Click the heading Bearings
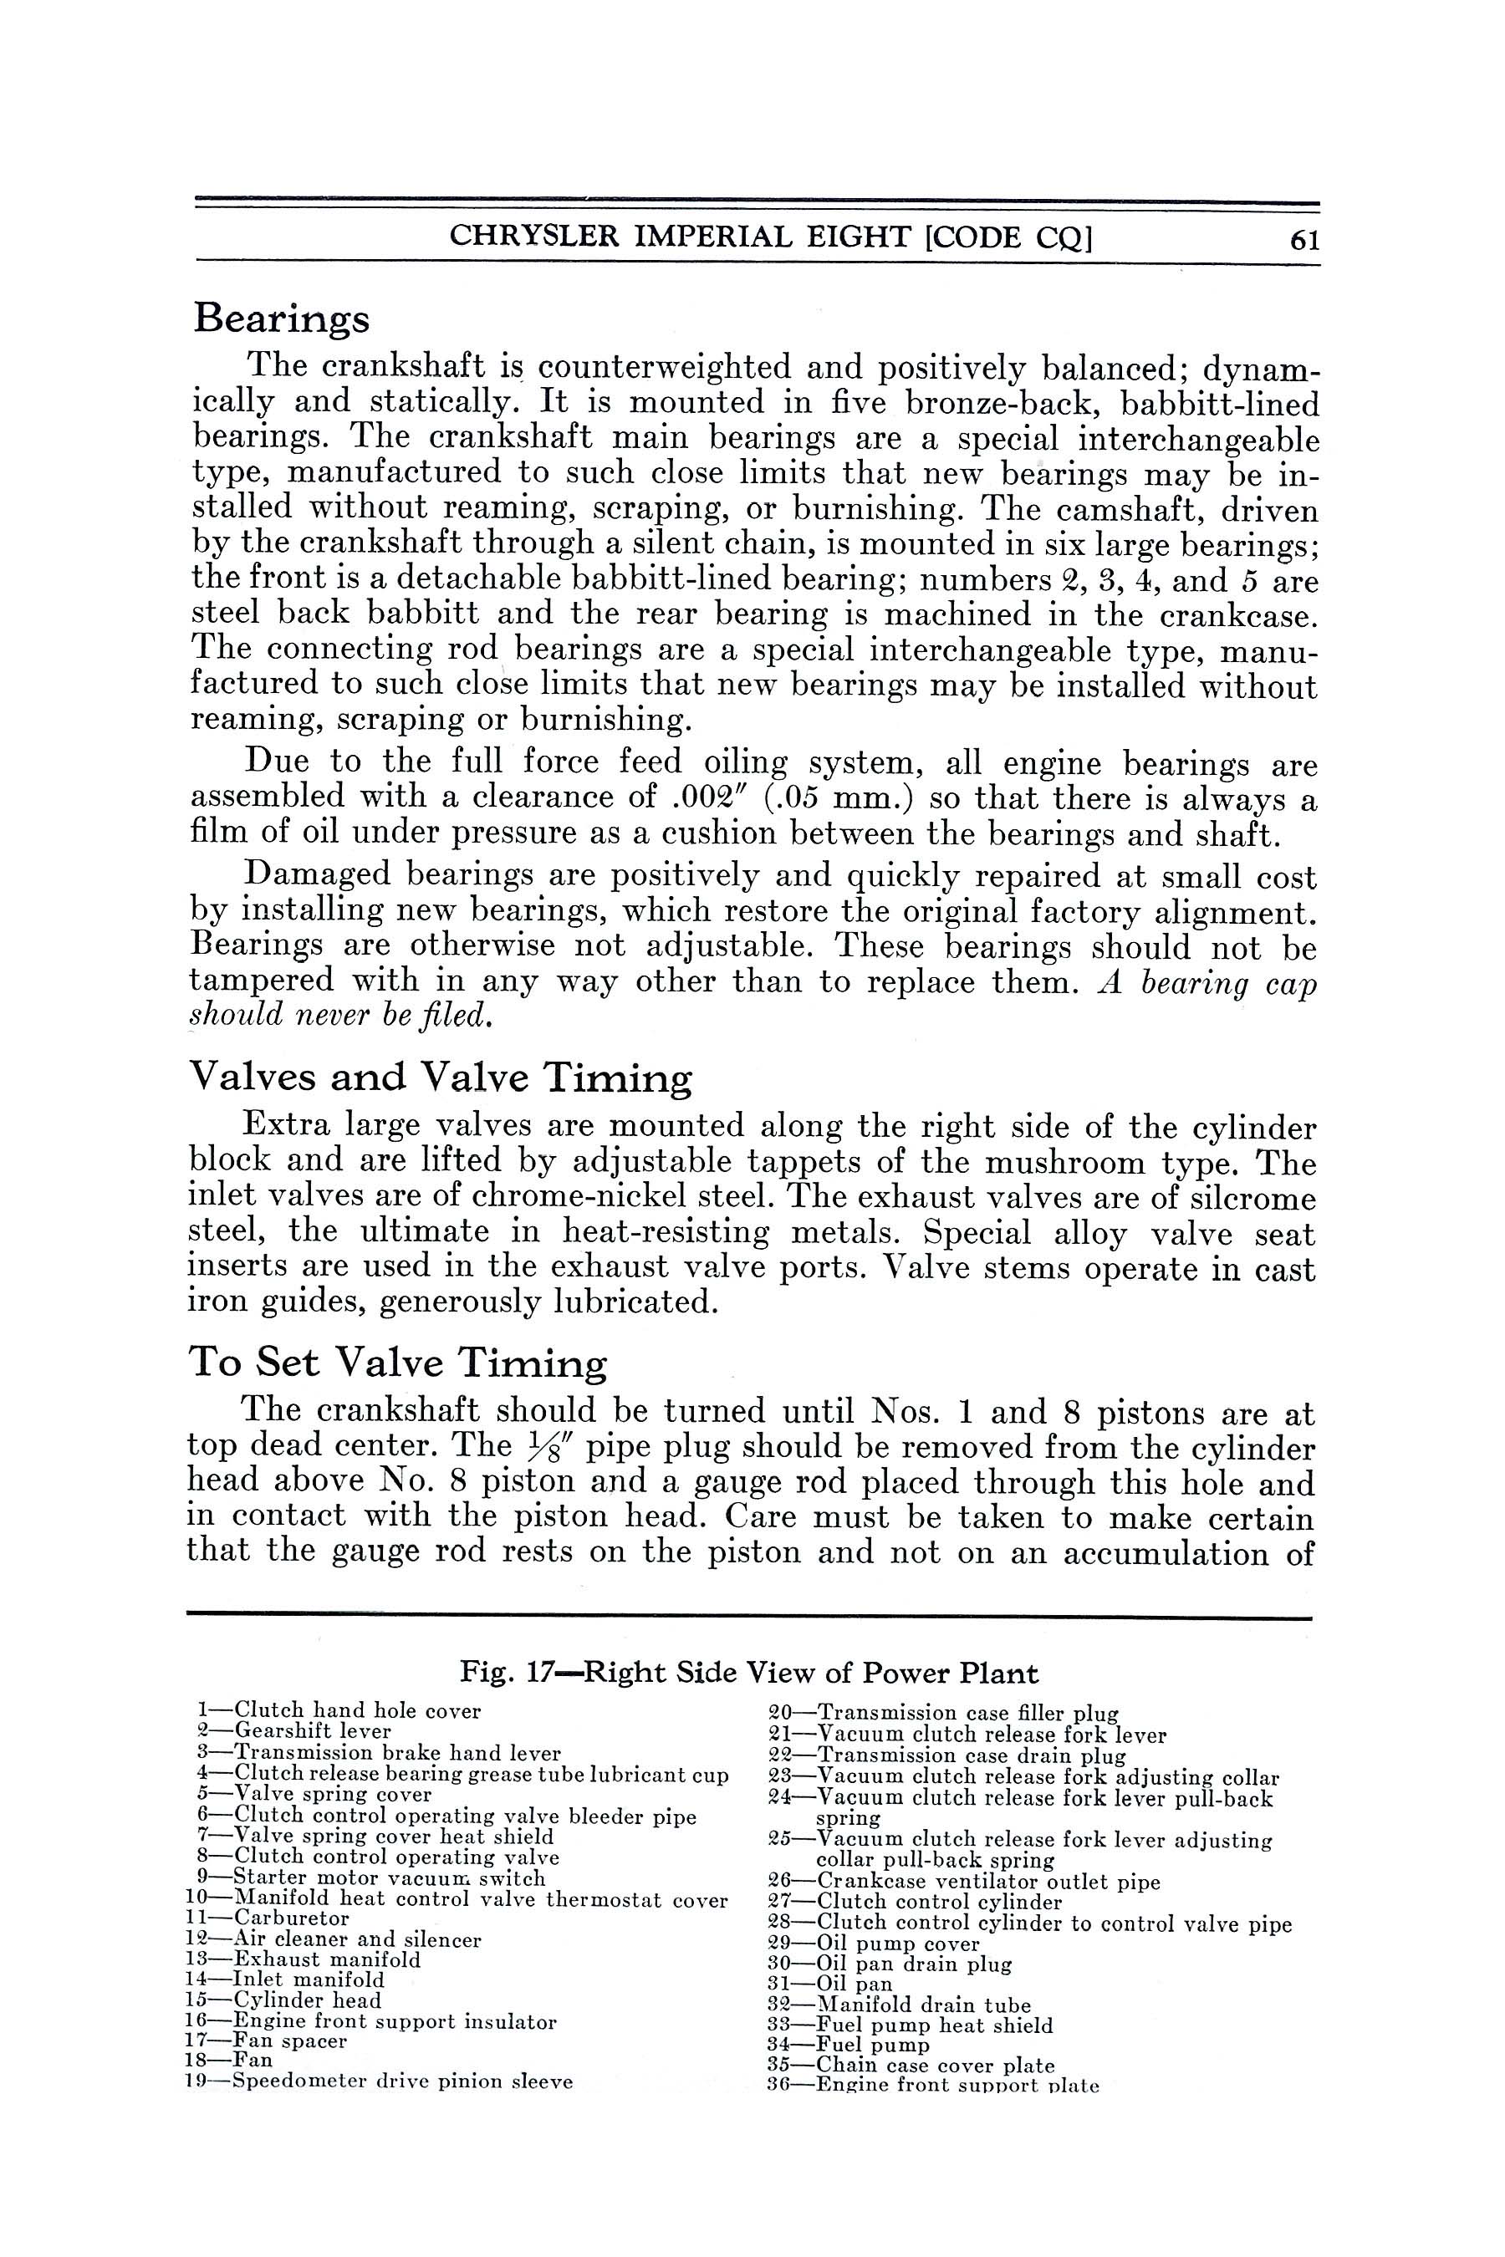[x=281, y=318]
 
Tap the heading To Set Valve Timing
[x=397, y=1363]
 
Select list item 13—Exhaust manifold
[x=304, y=1959]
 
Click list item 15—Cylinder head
[x=284, y=2000]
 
